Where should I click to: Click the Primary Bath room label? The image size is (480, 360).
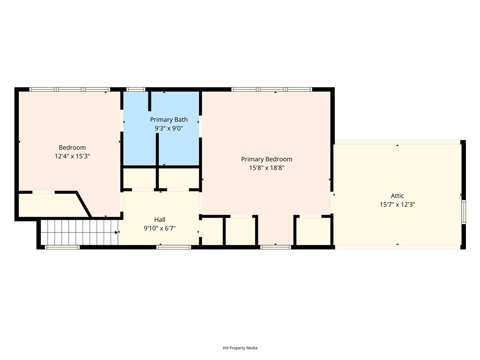click(x=169, y=120)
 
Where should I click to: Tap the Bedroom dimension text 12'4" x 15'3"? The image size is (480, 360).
click(x=72, y=156)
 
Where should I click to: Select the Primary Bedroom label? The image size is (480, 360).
click(x=267, y=159)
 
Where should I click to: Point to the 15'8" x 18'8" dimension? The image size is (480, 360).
click(x=267, y=168)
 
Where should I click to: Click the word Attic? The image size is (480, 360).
click(x=397, y=196)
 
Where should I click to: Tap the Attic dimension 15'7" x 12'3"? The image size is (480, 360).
click(x=397, y=204)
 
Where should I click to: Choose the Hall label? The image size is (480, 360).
click(x=160, y=219)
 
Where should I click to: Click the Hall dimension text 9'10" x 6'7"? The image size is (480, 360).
click(x=160, y=228)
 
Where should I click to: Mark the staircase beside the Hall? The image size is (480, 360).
click(x=79, y=232)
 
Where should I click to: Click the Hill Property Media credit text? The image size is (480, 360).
click(x=240, y=348)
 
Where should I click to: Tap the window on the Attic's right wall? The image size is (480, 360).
click(x=464, y=211)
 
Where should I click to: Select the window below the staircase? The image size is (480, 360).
click(x=62, y=247)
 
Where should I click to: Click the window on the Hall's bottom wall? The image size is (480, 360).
click(x=173, y=247)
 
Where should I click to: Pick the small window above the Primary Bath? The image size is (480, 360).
click(x=135, y=90)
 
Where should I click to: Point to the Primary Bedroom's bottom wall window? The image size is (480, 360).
click(x=276, y=247)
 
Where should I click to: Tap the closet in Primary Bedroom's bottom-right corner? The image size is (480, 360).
click(x=313, y=232)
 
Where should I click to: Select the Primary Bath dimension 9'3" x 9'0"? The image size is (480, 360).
click(x=169, y=128)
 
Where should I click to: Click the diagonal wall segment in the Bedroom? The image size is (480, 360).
click(x=83, y=204)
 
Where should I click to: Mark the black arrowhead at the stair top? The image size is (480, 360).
click(x=117, y=232)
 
